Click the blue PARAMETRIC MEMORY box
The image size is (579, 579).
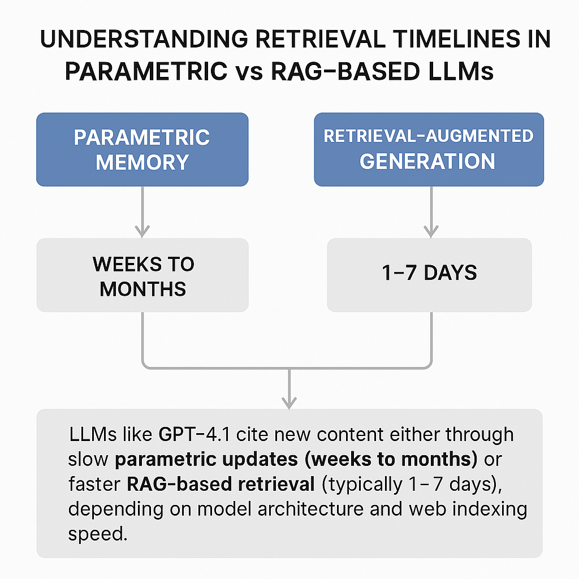click(x=142, y=149)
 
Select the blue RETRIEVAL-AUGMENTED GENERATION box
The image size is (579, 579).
click(x=429, y=149)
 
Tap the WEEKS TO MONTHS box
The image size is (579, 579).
click(x=142, y=275)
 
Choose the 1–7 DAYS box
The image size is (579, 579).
click(x=429, y=274)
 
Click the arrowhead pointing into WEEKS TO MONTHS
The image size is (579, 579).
click(x=142, y=231)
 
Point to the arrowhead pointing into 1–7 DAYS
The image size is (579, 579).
click(x=431, y=231)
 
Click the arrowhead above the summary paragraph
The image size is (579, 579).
click(x=289, y=401)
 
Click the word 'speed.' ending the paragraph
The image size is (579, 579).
click(x=97, y=534)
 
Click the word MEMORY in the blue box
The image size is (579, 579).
click(x=142, y=162)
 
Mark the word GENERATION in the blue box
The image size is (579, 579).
click(x=427, y=161)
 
